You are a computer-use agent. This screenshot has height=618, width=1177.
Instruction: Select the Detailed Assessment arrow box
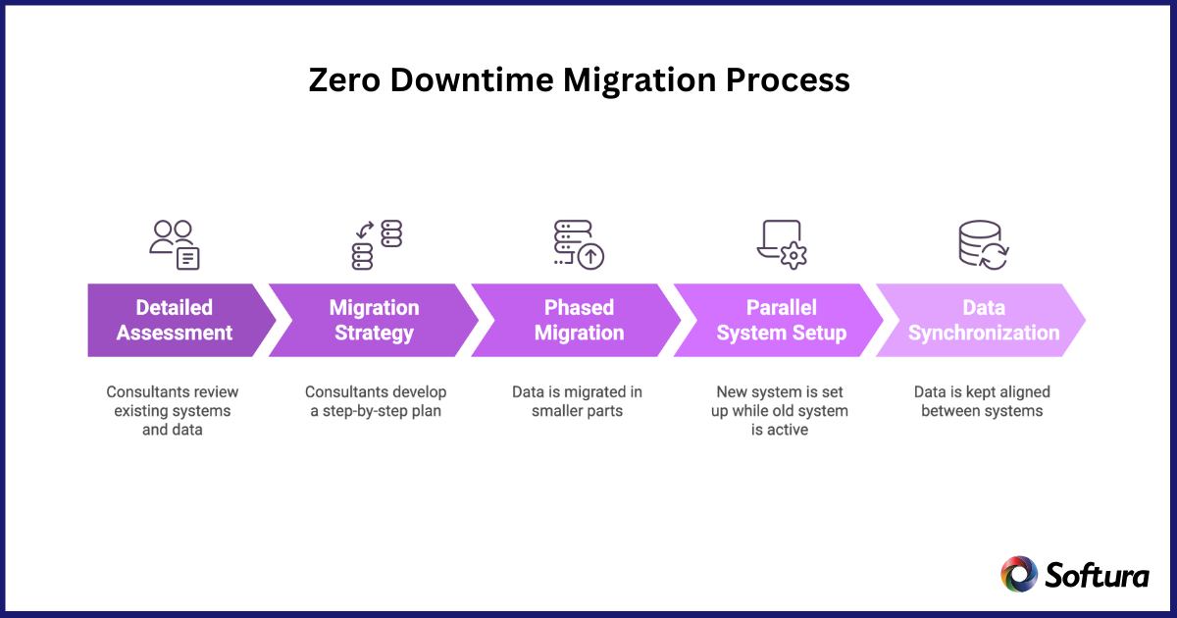(175, 321)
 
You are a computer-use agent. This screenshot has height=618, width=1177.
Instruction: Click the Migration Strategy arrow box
(374, 321)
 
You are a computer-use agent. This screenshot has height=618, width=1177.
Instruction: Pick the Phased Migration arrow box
(579, 321)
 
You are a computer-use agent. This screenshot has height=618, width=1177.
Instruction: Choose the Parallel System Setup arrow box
(781, 321)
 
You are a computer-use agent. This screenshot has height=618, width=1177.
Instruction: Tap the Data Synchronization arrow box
(984, 321)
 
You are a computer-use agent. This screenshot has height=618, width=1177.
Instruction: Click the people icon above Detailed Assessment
(175, 244)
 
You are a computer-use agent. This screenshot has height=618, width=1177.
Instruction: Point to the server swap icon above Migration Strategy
(377, 244)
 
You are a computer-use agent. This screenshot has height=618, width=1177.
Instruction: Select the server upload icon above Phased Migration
(579, 244)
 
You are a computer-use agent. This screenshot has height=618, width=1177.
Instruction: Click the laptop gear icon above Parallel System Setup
(782, 244)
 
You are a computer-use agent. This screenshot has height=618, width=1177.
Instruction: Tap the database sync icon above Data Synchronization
(983, 244)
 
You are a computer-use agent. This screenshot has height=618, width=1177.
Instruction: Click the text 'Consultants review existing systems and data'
(173, 410)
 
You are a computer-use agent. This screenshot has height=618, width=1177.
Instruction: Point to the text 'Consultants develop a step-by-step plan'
(376, 401)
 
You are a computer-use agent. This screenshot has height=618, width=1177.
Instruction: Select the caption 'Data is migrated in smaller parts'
(578, 401)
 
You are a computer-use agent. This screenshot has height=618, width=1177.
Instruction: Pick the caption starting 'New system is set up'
(780, 410)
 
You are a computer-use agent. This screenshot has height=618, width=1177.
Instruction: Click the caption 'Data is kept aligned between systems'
(983, 401)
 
